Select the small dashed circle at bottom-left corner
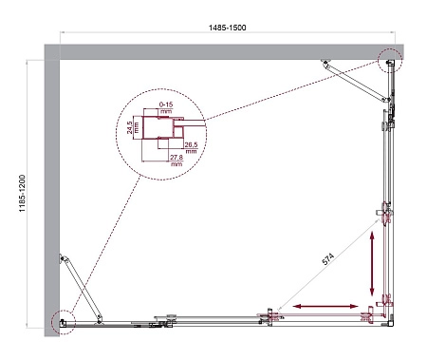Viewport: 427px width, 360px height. point(63,320)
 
